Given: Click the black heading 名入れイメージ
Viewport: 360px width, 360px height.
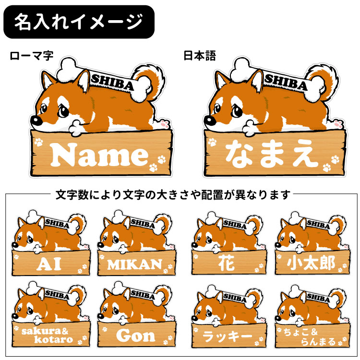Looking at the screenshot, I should (78, 22).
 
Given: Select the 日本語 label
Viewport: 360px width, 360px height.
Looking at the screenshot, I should (200, 56).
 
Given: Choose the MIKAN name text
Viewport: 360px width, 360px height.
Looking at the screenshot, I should (134, 264).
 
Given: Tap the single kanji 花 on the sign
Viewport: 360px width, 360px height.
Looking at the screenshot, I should (227, 263).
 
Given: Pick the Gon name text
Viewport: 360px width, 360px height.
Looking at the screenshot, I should (136, 335).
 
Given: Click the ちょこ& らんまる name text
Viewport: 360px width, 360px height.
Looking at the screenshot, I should (311, 334).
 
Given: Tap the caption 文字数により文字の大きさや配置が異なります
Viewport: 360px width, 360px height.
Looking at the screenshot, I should (173, 195).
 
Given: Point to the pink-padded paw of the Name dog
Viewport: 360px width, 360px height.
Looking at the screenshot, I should (165, 124).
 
